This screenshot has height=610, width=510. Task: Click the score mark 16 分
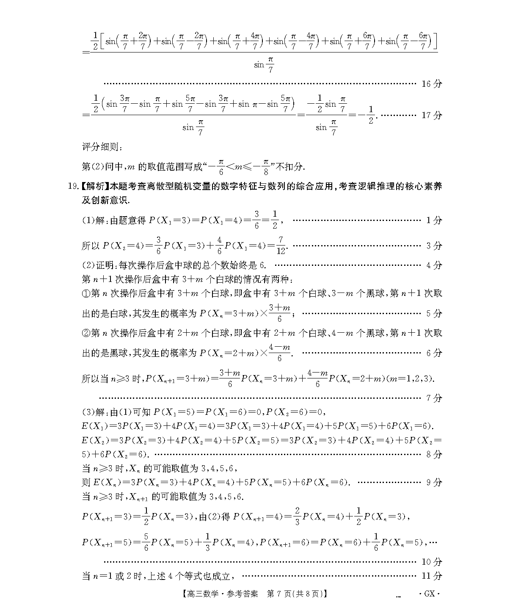pos(431,84)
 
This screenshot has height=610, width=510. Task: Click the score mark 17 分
pos(431,115)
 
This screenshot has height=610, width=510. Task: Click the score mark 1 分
pos(434,220)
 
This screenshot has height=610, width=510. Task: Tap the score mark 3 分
pos(434,246)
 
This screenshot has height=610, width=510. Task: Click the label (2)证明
pos(99,265)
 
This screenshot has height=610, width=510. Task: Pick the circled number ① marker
pos(86,293)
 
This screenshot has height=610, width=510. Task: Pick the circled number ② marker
pos(86,333)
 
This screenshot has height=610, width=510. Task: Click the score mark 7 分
pos(434,398)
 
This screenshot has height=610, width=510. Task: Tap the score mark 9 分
pos(434,482)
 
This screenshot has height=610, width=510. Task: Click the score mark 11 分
pos(431,576)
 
